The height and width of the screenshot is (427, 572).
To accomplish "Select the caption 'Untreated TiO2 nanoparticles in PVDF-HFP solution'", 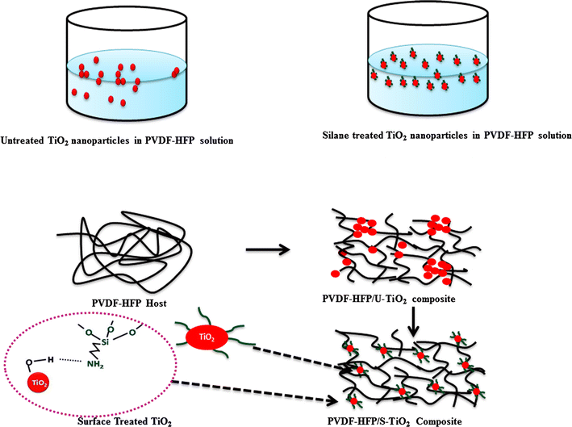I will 119,140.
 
